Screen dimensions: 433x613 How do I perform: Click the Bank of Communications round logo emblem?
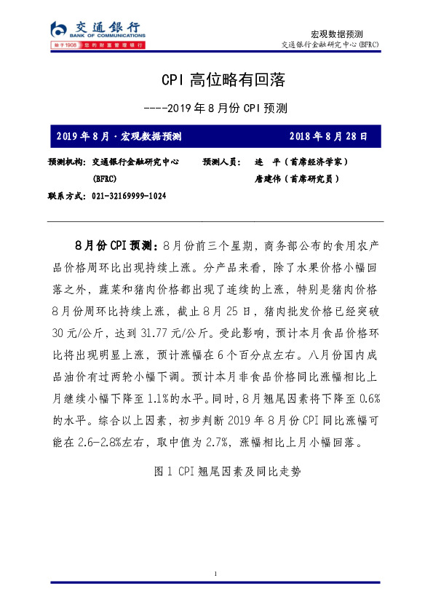59,29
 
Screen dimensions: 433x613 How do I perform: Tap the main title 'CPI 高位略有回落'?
216,79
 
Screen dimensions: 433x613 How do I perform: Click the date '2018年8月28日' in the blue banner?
328,136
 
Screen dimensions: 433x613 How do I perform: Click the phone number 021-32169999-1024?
130,196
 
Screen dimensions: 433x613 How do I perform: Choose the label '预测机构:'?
67,162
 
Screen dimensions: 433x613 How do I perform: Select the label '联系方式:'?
67,196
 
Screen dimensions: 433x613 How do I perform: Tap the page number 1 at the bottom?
216,574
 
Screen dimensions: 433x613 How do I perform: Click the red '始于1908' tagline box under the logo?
65,45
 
